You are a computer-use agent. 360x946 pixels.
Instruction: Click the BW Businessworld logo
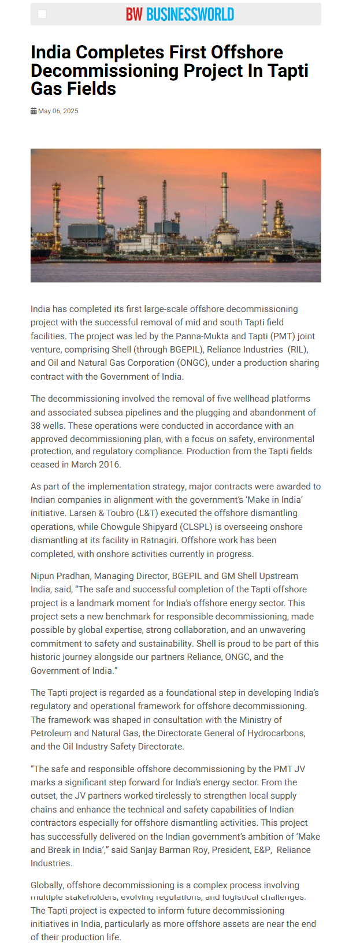pyautogui.click(x=180, y=14)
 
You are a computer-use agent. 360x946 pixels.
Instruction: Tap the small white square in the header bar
pyautogui.click(x=42, y=14)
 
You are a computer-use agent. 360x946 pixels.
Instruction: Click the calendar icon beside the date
pyautogui.click(x=34, y=111)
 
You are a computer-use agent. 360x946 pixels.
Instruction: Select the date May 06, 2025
pyautogui.click(x=58, y=111)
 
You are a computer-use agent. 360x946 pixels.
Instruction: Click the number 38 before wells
pyautogui.click(x=36, y=425)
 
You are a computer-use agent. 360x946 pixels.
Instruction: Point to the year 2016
pyautogui.click(x=109, y=464)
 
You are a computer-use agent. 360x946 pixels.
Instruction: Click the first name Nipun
pyautogui.click(x=43, y=576)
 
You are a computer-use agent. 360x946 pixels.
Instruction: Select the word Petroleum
pyautogui.click(x=51, y=733)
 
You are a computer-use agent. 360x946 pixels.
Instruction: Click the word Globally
pyautogui.click(x=47, y=885)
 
